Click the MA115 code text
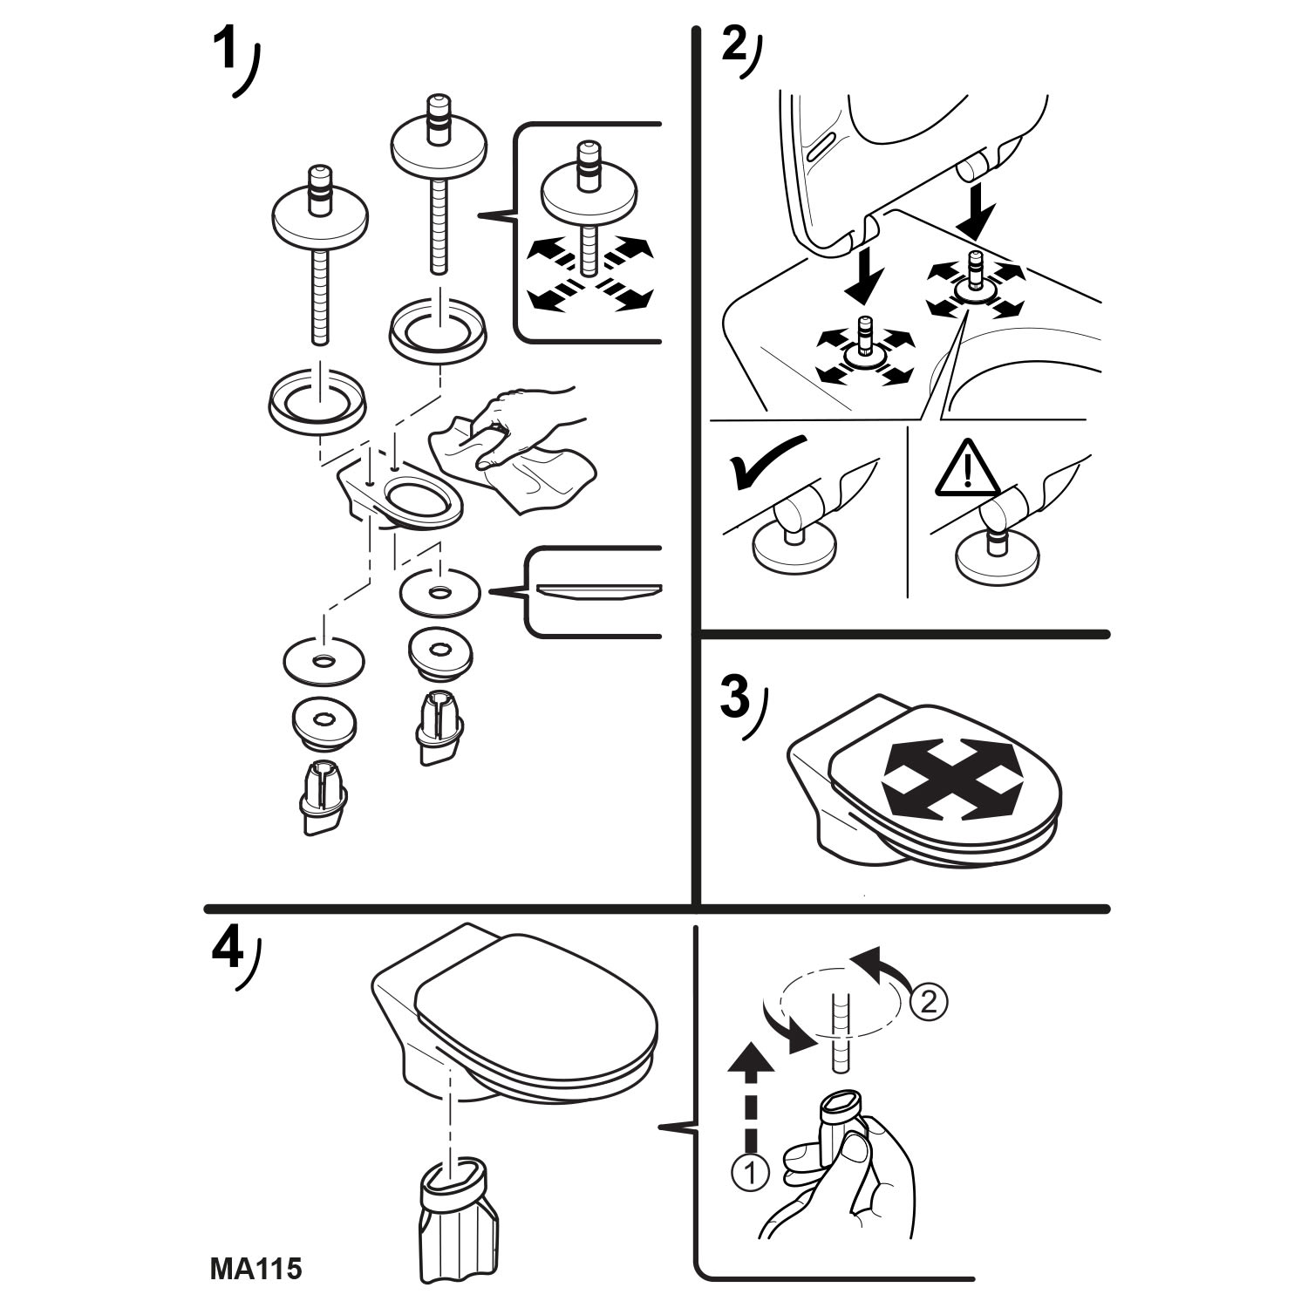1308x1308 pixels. [255, 1268]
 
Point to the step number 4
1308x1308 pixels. [227, 959]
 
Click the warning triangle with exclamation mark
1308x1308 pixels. [966, 469]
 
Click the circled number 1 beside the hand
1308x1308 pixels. [750, 1174]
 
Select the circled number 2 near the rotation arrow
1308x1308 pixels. [927, 1002]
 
